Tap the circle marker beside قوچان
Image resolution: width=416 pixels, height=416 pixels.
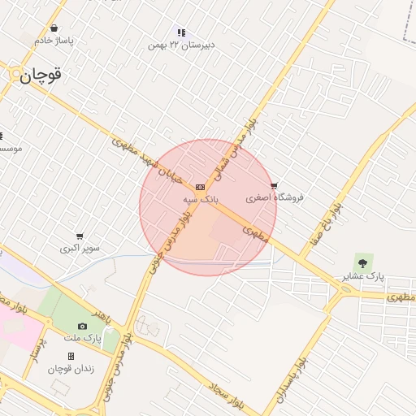pyautogui.click(x=15, y=74)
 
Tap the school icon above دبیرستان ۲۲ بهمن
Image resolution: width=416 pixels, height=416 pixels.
pyautogui.click(x=181, y=33)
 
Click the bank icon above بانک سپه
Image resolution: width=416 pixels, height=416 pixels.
pyautogui.click(x=200, y=186)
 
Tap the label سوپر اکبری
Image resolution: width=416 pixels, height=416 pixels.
pyautogui.click(x=80, y=248)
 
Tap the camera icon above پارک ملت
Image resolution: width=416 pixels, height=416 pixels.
pyautogui.click(x=81, y=327)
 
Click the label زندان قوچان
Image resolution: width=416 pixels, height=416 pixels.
pyautogui.click(x=71, y=368)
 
